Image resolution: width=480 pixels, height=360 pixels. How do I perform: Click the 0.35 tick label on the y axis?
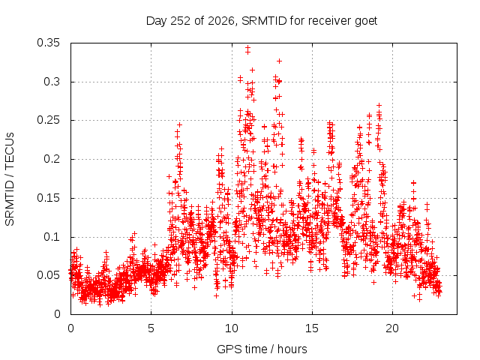pos(48,43)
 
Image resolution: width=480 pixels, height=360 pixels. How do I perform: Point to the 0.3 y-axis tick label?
pos(52,82)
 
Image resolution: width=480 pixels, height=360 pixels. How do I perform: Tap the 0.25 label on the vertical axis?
pos(48,120)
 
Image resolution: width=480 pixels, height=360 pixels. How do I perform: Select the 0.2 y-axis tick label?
pos(52,159)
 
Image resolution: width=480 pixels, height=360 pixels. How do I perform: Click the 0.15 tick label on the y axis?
pos(48,198)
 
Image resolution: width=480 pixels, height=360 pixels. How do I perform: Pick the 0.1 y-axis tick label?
pos(52,237)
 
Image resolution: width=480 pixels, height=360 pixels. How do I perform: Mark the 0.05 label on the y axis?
pos(48,275)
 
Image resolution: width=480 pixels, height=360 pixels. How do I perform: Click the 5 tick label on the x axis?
pos(151,328)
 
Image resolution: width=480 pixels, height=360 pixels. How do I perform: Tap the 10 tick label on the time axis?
pos(232,328)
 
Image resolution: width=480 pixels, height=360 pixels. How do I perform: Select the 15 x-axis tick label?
pos(312,328)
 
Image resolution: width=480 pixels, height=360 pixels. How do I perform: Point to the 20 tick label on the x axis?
pos(392,328)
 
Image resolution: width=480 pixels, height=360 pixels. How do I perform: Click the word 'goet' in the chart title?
pos(366,21)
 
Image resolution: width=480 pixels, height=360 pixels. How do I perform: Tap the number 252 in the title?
pos(181,21)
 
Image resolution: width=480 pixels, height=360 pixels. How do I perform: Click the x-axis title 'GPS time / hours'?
pos(262,349)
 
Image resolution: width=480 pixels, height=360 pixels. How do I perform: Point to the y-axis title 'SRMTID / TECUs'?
pos(10,179)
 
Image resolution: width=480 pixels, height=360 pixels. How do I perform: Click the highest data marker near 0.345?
pos(247,47)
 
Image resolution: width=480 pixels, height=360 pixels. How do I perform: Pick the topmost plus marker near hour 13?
pos(279,61)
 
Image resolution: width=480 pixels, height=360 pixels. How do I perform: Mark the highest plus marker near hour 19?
pos(379,105)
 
